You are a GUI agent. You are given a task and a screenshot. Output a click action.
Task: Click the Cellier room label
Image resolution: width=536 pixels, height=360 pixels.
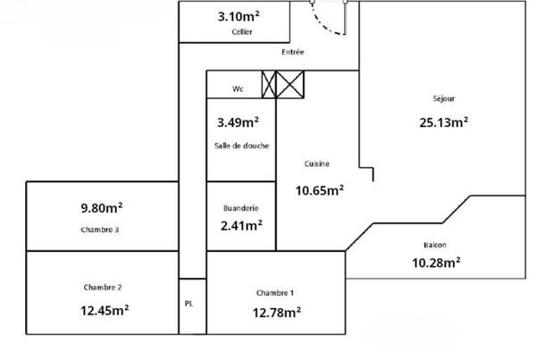(242, 32)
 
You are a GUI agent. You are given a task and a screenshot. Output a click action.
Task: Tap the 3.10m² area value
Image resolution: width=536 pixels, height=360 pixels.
(239, 16)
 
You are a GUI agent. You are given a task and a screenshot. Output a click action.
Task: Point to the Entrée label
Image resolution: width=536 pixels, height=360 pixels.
(293, 52)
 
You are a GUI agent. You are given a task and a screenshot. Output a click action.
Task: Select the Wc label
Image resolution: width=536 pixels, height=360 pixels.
(238, 89)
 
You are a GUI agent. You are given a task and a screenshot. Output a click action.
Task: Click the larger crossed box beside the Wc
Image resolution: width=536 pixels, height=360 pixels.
(289, 85)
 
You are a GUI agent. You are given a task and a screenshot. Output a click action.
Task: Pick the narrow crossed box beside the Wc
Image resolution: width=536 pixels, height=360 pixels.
(269, 85)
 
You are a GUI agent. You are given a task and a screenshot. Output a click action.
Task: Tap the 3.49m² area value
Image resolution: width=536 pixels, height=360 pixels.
(239, 122)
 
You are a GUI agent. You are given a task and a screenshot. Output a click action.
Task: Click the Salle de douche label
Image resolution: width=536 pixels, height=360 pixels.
(242, 146)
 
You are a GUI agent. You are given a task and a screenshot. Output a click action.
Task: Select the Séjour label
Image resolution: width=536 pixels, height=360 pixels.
(444, 98)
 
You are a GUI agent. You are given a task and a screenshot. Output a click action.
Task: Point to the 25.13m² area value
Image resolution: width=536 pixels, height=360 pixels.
(444, 122)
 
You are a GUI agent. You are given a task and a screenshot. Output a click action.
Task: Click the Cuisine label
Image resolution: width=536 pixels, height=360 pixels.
(317, 163)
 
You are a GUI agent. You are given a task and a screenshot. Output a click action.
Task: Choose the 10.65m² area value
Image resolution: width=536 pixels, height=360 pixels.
(320, 190)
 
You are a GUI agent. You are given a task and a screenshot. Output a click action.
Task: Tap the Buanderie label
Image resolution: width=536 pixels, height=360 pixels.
(241, 208)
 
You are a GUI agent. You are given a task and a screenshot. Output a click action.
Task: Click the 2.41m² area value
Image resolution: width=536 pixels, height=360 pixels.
(241, 225)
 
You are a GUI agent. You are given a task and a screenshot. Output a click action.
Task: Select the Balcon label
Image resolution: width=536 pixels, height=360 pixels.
(435, 245)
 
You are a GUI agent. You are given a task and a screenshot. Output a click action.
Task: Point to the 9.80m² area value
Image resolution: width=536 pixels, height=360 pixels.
(102, 208)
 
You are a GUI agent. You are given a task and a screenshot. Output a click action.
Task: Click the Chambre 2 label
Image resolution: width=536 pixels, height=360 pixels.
(103, 287)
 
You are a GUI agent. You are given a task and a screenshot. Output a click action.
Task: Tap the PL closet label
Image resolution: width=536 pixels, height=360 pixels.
(188, 304)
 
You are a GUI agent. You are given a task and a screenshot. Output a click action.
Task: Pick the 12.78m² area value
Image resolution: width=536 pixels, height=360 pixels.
(277, 313)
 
